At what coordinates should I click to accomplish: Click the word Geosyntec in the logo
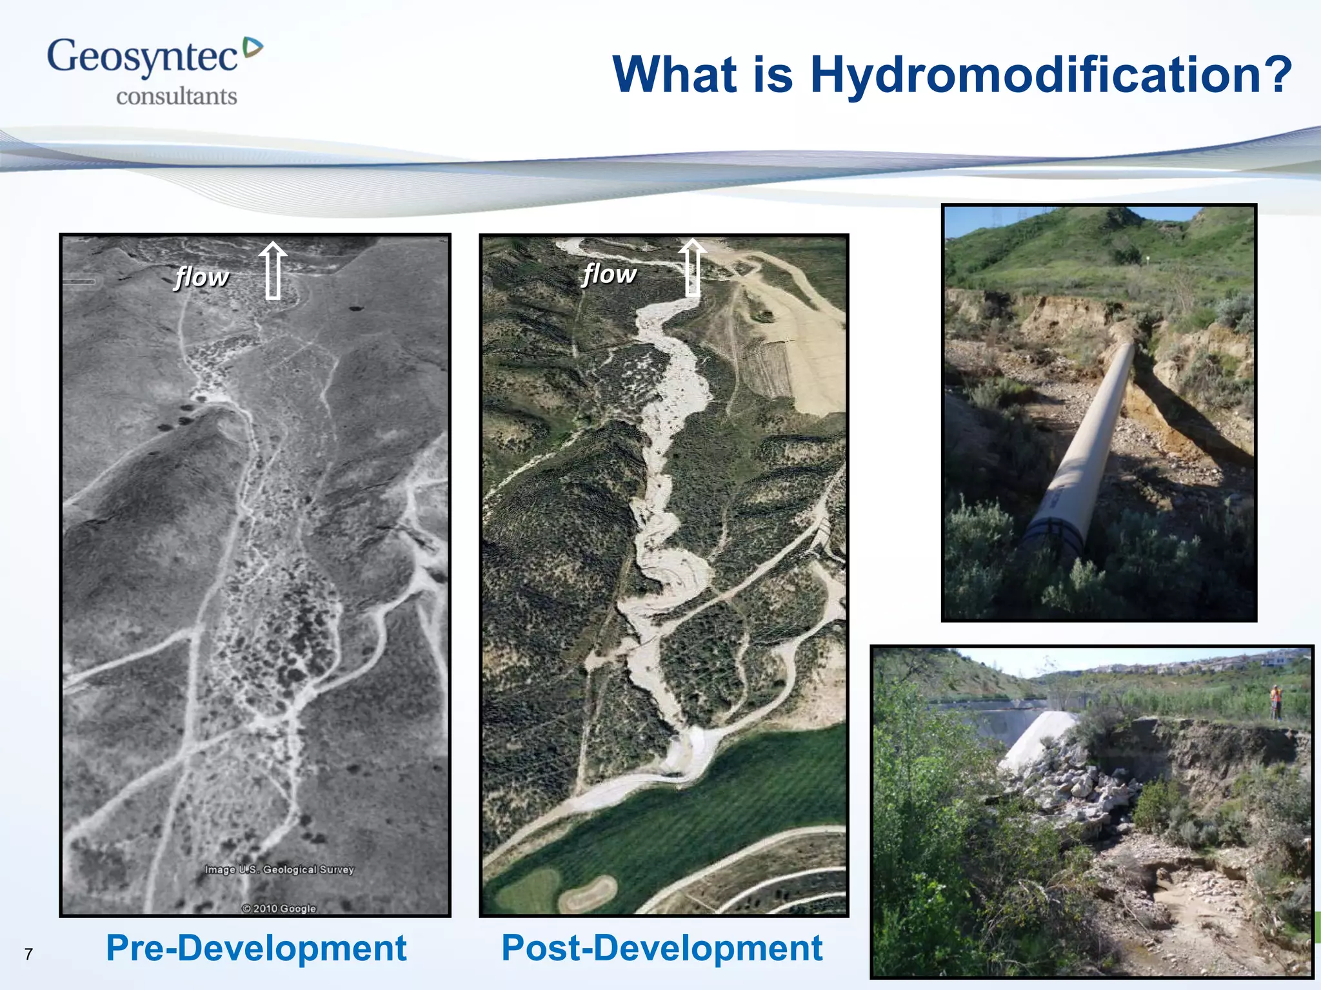tap(142, 57)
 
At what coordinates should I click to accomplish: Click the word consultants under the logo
tap(176, 97)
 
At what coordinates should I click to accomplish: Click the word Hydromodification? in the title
tap(1051, 75)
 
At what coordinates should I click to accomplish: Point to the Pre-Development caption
tap(256, 948)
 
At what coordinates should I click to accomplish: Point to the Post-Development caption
tap(662, 948)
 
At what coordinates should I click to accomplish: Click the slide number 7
tap(28, 954)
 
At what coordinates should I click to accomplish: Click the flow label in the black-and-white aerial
tap(202, 277)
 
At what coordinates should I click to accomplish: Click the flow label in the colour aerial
tap(609, 274)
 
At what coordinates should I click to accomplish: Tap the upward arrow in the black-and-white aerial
tap(273, 271)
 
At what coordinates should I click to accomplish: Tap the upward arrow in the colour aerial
tap(692, 267)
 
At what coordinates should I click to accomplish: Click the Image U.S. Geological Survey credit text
tap(279, 869)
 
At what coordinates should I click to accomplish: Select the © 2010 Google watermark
tap(279, 908)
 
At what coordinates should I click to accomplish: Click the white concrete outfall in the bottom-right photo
tap(1035, 738)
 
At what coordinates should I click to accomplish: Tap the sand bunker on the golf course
tap(587, 893)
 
